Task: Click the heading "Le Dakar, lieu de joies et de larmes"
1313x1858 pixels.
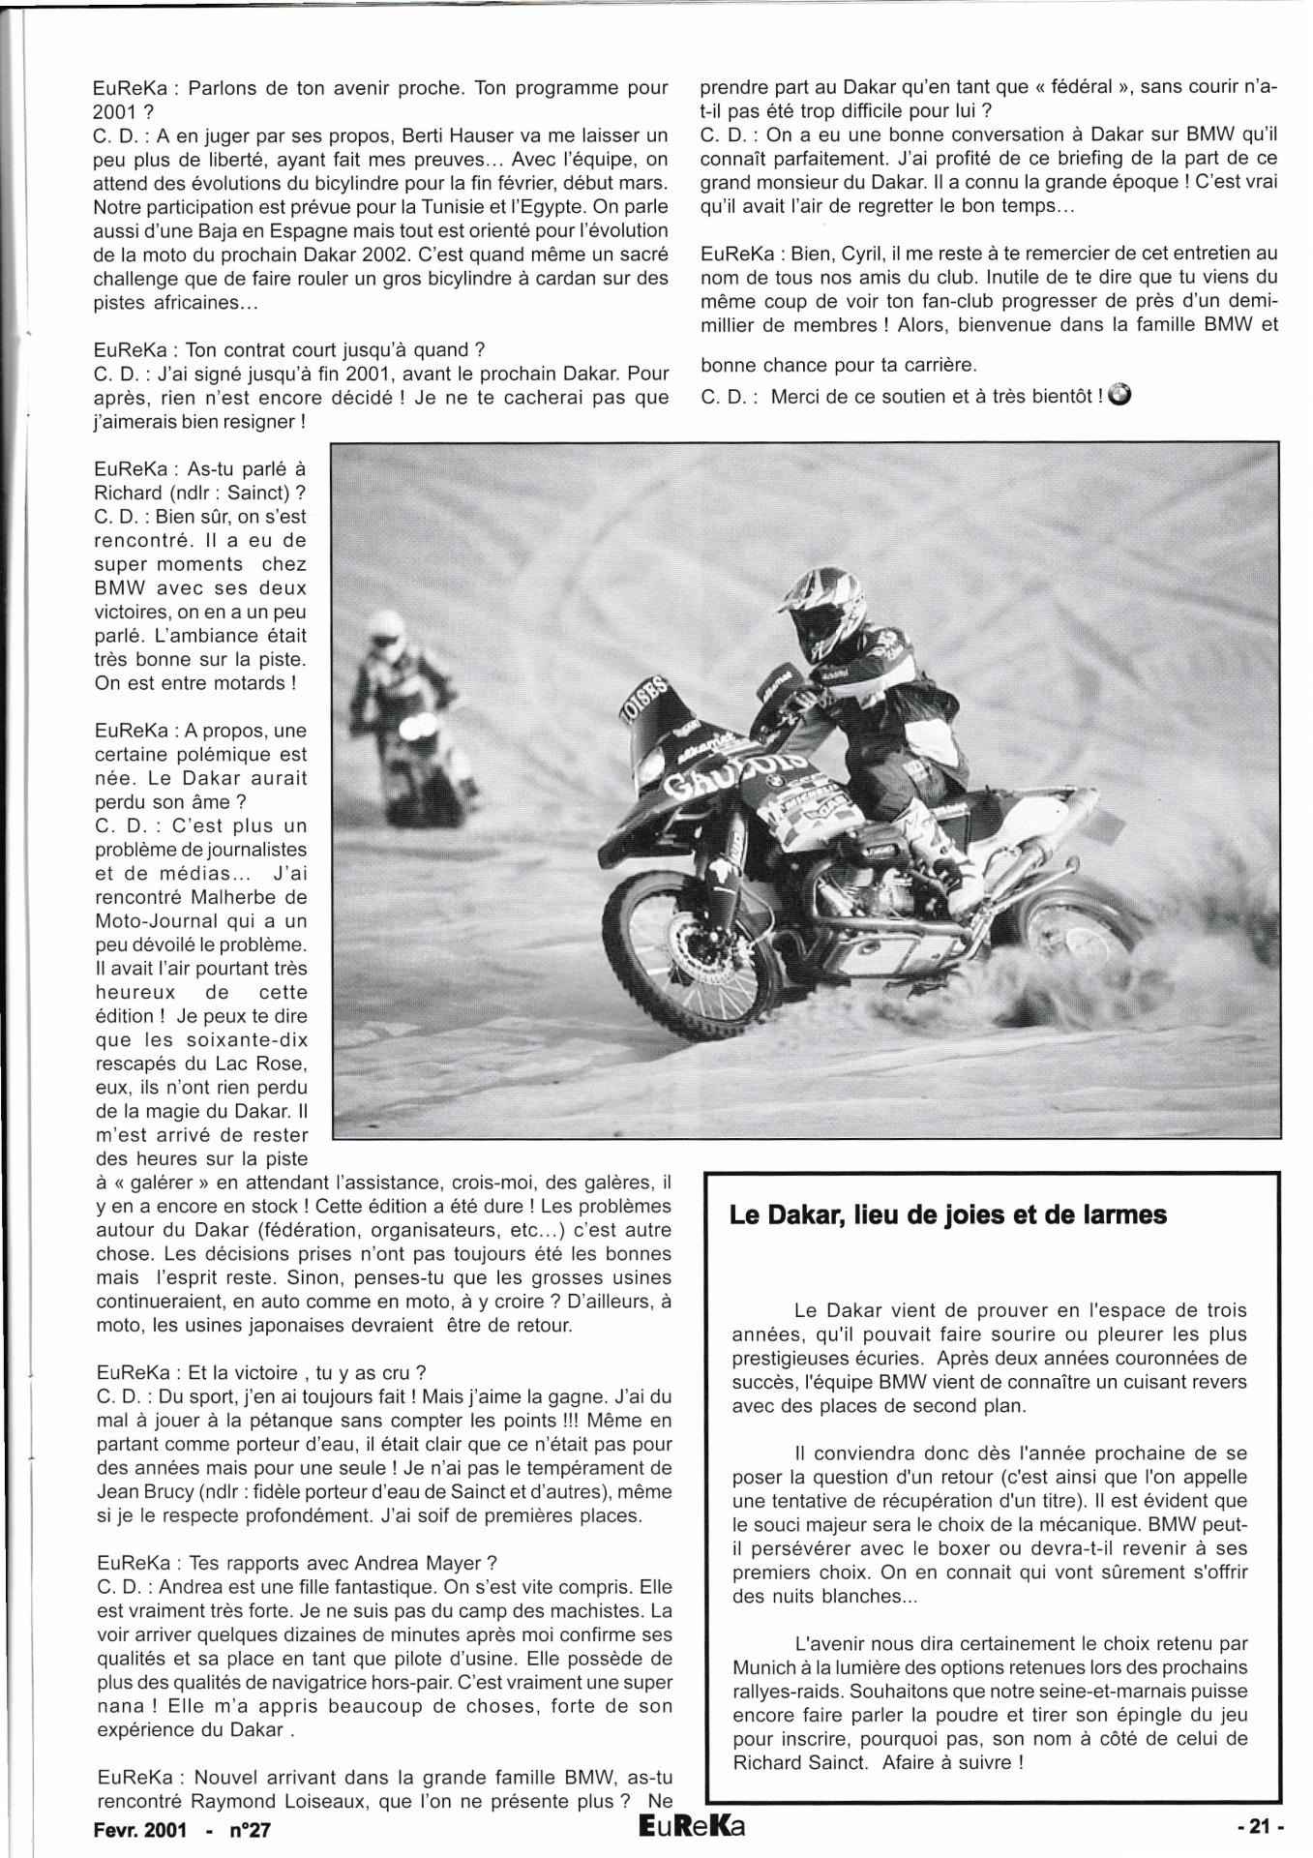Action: tap(948, 1215)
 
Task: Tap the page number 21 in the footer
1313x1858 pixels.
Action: tap(1258, 1826)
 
